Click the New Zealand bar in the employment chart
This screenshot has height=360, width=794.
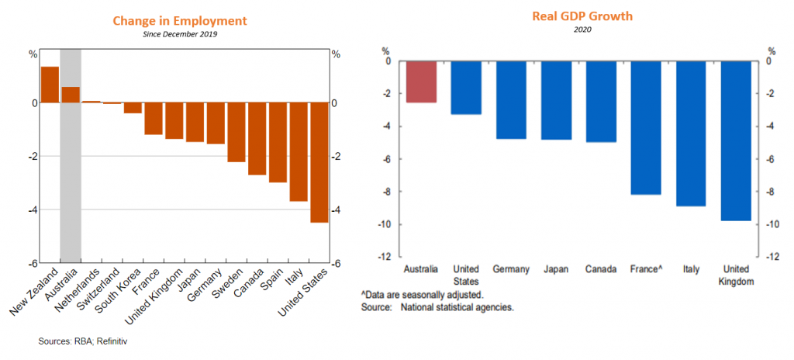pyautogui.click(x=50, y=85)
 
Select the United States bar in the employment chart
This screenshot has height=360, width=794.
pyautogui.click(x=319, y=162)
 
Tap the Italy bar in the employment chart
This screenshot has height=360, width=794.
pyautogui.click(x=299, y=152)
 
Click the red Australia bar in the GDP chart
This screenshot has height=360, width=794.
pyautogui.click(x=421, y=81)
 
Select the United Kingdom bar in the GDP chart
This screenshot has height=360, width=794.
pyautogui.click(x=736, y=140)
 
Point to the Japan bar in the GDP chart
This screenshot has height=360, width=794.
pyautogui.click(x=556, y=100)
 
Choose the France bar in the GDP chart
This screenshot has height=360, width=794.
pyautogui.click(x=646, y=127)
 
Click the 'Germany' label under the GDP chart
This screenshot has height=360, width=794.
pyautogui.click(x=511, y=269)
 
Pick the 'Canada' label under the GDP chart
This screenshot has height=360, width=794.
pyautogui.click(x=601, y=269)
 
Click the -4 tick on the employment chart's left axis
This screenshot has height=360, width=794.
pyautogui.click(x=33, y=209)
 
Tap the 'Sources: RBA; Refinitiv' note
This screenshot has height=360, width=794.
pyautogui.click(x=88, y=341)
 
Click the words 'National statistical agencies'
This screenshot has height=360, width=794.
pyautogui.click(x=457, y=307)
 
